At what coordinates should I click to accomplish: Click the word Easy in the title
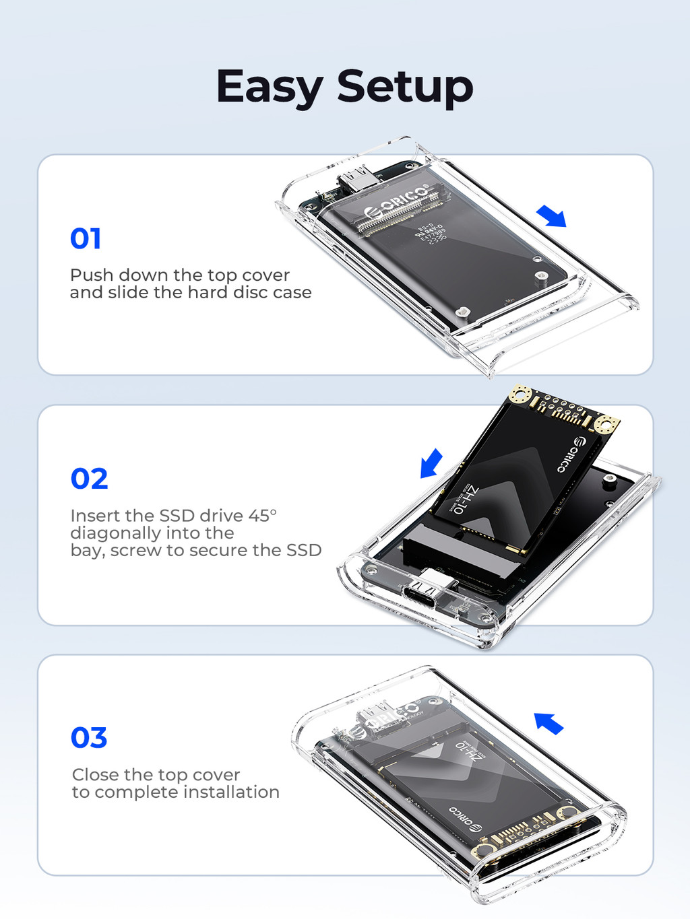[x=270, y=87]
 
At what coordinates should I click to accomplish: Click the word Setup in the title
[x=405, y=87]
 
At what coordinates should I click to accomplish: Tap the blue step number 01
[x=86, y=239]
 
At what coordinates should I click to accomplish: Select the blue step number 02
[x=89, y=479]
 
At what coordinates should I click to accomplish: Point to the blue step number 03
[x=89, y=738]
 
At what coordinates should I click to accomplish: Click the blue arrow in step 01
[x=552, y=217]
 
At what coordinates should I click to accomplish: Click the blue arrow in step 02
[x=431, y=463]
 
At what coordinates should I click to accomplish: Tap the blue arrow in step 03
[x=548, y=723]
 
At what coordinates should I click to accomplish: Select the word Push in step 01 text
[x=91, y=275]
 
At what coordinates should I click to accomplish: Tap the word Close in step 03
[x=95, y=775]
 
